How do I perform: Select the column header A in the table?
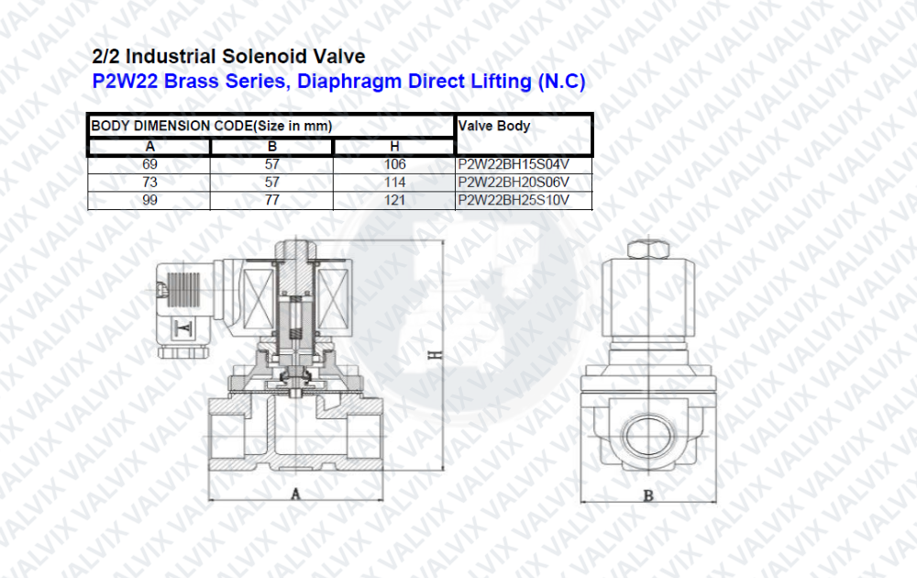pos(149,146)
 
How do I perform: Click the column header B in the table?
pos(272,146)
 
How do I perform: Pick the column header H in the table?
pos(394,146)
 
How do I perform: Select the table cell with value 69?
pos(149,164)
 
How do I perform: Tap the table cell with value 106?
pos(394,164)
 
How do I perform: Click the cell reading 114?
pos(394,183)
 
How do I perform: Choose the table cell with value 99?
pos(149,200)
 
